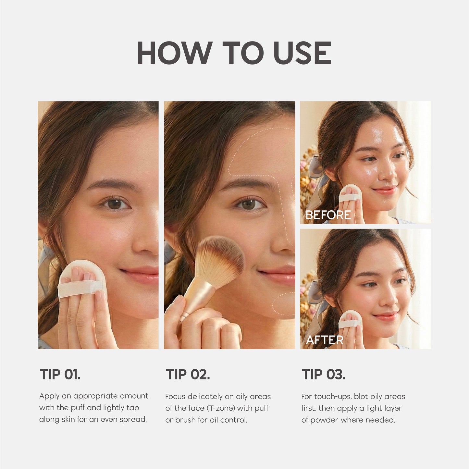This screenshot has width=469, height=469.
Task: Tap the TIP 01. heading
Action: click(60, 374)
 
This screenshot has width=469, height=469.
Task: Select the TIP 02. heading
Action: click(188, 374)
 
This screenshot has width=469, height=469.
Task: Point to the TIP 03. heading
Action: click(324, 374)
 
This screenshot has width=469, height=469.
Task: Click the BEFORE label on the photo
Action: click(328, 215)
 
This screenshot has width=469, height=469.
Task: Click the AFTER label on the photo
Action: click(325, 340)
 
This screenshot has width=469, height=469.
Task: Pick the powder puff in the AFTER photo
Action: click(350, 320)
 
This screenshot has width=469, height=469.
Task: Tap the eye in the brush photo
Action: click(249, 204)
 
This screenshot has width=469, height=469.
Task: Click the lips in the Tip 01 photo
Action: click(143, 274)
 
